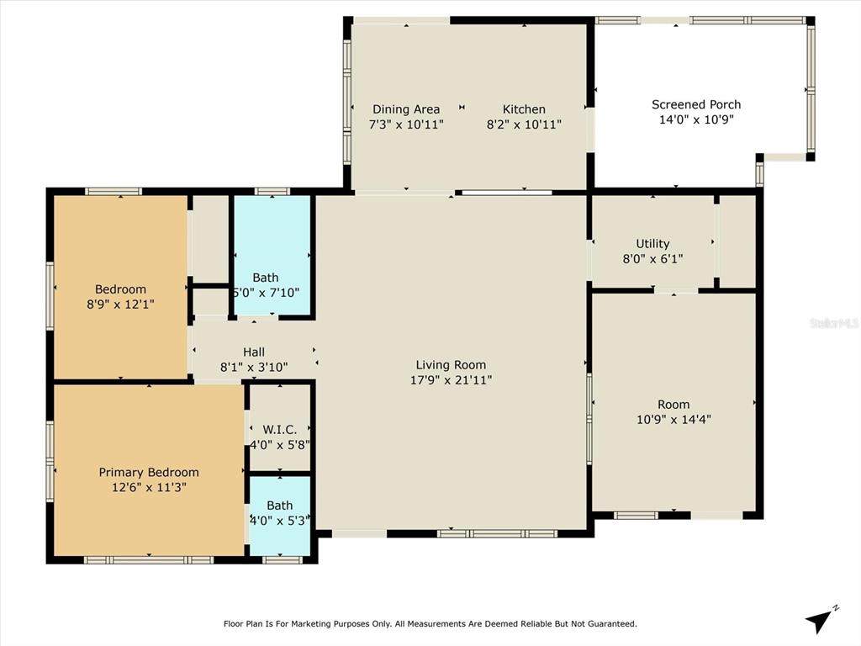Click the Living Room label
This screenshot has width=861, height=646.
coord(451,365)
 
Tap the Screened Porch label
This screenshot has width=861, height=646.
coord(696,104)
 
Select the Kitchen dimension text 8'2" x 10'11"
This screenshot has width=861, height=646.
coord(524,124)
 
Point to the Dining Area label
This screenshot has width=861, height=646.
coord(406,109)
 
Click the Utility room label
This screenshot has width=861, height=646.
coord(652,244)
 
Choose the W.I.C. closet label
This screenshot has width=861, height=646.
coord(280,430)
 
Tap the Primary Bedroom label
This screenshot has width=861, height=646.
coord(149,473)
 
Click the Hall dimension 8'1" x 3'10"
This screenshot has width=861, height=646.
coord(254,367)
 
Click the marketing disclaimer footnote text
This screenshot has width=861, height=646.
coord(430,623)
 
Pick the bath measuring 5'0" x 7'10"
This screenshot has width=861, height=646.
coord(266,285)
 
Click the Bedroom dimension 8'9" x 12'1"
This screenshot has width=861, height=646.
coord(120,304)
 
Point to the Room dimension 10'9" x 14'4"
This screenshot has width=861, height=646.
coord(673,420)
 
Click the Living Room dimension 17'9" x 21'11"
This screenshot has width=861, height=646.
coord(451,380)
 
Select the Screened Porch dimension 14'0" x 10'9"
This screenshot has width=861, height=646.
coord(696,119)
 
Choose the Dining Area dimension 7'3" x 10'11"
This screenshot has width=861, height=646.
coord(406,124)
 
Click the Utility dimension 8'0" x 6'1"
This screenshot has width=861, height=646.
coord(652,259)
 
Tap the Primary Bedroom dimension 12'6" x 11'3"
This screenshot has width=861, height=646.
coord(149,487)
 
